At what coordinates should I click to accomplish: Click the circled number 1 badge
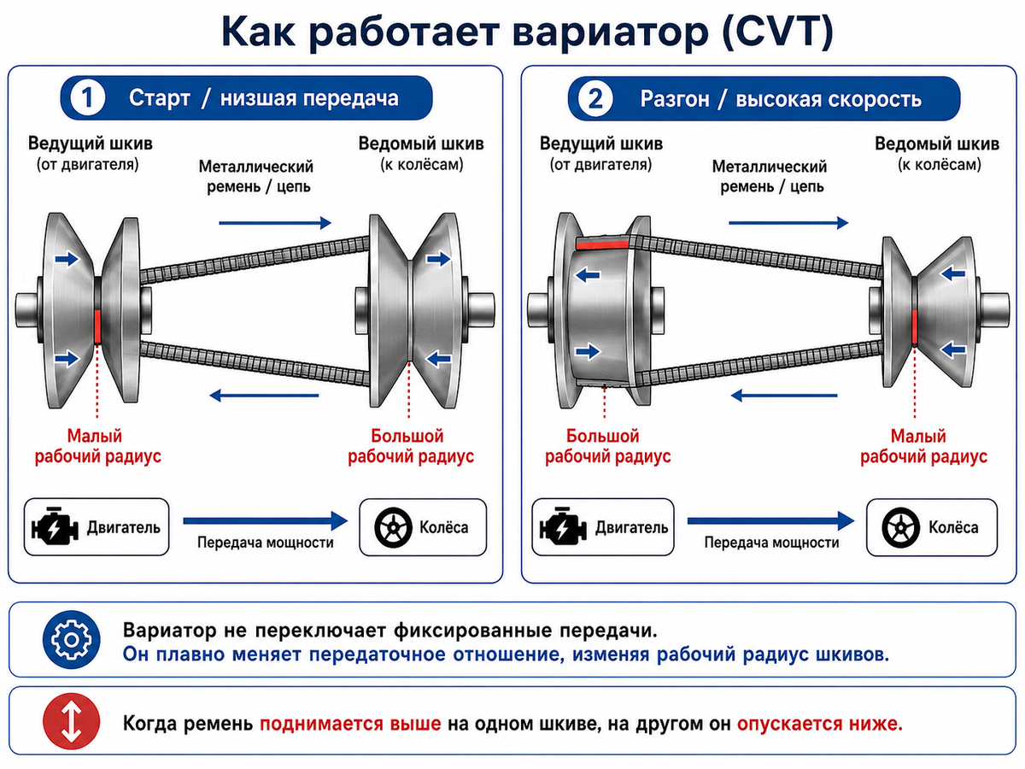click(x=87, y=98)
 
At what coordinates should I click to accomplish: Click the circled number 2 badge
click(x=594, y=98)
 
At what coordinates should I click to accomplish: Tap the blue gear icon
click(x=72, y=639)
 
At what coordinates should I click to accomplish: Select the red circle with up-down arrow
click(x=72, y=721)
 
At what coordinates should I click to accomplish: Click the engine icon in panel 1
click(x=55, y=526)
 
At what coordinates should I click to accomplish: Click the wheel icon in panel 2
click(x=901, y=527)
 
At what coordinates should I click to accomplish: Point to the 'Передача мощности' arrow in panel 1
click(x=266, y=520)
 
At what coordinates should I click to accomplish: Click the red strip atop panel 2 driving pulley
click(x=602, y=244)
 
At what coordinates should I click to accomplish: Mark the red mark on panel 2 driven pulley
click(x=914, y=326)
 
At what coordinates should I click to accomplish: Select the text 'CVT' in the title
click(x=777, y=31)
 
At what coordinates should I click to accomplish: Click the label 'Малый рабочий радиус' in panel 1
click(x=97, y=446)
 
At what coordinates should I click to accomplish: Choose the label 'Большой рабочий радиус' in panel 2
click(x=607, y=446)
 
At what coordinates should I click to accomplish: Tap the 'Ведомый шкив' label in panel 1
click(x=421, y=144)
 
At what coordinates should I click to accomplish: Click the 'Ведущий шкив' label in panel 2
click(x=601, y=144)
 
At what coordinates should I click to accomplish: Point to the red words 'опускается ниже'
click(x=819, y=724)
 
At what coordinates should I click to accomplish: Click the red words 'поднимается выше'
click(x=350, y=724)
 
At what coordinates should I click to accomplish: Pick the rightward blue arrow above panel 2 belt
click(x=788, y=223)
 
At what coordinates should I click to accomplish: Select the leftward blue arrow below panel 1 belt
click(x=264, y=396)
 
